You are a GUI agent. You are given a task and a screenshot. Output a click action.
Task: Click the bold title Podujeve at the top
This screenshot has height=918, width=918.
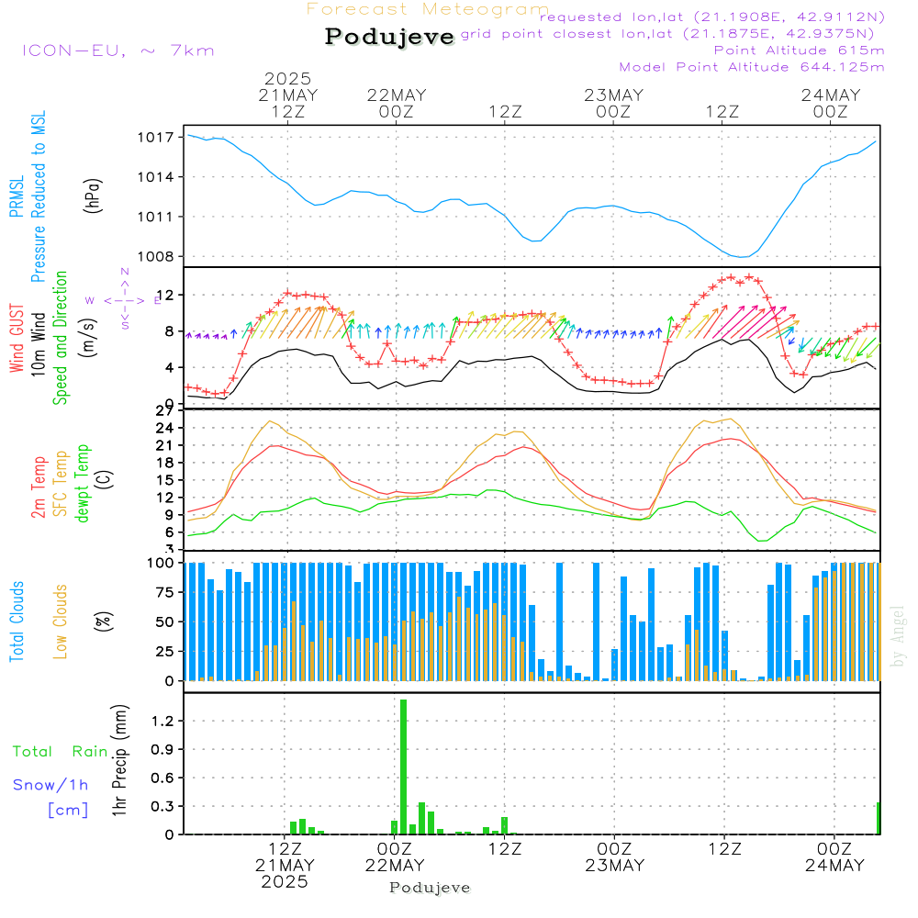click(x=390, y=37)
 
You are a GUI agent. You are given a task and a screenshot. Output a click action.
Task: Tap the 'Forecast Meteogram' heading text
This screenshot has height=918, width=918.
click(x=428, y=9)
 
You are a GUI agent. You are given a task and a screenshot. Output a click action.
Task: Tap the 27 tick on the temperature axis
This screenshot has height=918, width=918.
click(x=167, y=410)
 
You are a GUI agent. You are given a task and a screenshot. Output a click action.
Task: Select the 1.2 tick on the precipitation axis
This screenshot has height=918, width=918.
click(x=163, y=722)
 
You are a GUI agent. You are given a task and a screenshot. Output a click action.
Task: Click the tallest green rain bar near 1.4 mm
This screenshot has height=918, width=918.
click(x=403, y=767)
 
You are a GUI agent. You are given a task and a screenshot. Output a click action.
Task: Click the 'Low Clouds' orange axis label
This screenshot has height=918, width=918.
click(x=61, y=621)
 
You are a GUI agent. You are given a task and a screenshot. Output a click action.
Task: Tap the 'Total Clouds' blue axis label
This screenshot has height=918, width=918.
click(x=17, y=621)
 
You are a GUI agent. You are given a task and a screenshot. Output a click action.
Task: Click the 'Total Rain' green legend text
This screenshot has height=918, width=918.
click(x=61, y=752)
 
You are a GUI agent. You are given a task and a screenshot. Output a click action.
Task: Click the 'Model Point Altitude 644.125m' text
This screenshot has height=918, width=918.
click(x=752, y=67)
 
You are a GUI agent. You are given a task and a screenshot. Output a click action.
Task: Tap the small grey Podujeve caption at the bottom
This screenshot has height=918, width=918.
click(x=431, y=888)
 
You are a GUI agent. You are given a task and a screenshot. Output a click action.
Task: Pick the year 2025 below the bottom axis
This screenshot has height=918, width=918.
click(x=285, y=881)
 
